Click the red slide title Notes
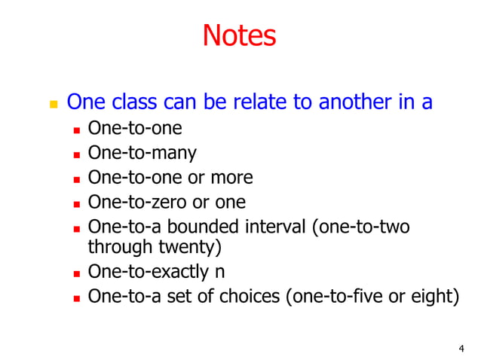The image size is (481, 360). pos(240,35)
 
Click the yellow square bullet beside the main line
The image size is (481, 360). pos(53,103)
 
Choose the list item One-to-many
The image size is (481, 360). pos(142,153)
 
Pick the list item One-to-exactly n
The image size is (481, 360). pos(156,271)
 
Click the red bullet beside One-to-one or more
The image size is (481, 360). pos(76,178)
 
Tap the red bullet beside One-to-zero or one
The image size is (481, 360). pos(76,203)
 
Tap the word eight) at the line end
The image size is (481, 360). pos(438,295)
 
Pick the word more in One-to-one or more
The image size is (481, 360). pos(230,177)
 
